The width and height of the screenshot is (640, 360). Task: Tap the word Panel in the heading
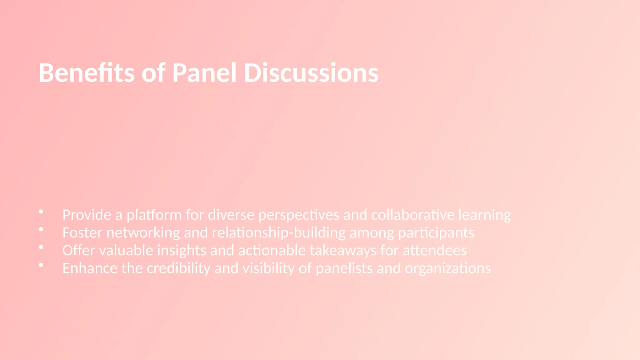204,73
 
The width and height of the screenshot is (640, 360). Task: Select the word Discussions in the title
311,73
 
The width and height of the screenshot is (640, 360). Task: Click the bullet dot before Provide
41,212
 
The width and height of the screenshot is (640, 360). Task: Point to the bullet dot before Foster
41,230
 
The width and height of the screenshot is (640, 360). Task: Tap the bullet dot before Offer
41,247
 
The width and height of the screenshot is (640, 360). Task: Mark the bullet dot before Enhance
41,265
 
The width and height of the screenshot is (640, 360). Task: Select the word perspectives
299,215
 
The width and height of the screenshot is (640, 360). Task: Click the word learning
485,215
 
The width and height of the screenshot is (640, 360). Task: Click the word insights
182,251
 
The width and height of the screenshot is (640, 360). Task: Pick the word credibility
178,268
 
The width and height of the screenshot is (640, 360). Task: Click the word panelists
344,268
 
